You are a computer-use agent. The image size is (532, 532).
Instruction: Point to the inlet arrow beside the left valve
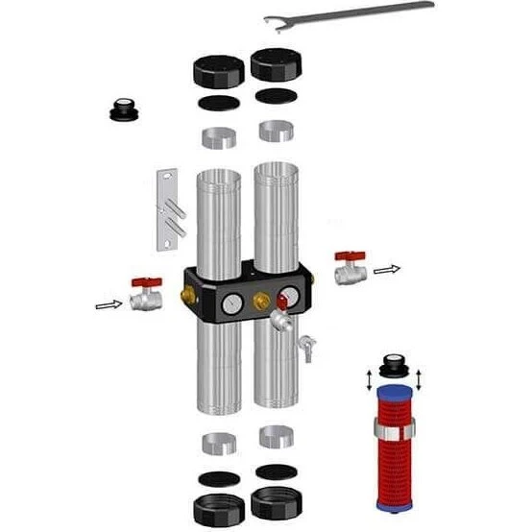click(x=108, y=305)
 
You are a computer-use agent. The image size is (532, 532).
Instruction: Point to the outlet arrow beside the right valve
click(x=385, y=272)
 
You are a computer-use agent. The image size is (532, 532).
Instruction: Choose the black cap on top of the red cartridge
click(x=393, y=368)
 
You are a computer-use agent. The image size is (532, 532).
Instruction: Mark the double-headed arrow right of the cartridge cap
click(x=421, y=373)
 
